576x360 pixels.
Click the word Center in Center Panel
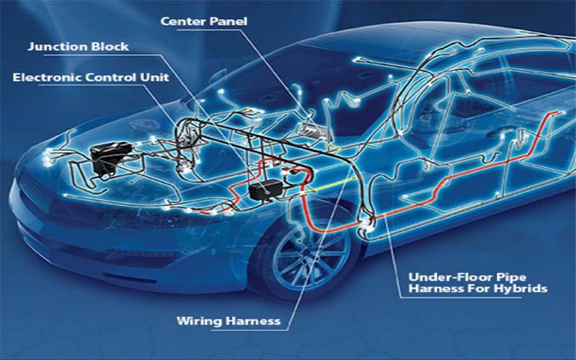click(x=184, y=22)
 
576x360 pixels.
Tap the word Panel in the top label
click(x=228, y=22)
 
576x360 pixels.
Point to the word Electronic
click(x=48, y=78)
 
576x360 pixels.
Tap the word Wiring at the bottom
click(x=199, y=321)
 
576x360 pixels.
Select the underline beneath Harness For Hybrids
click(x=460, y=297)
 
